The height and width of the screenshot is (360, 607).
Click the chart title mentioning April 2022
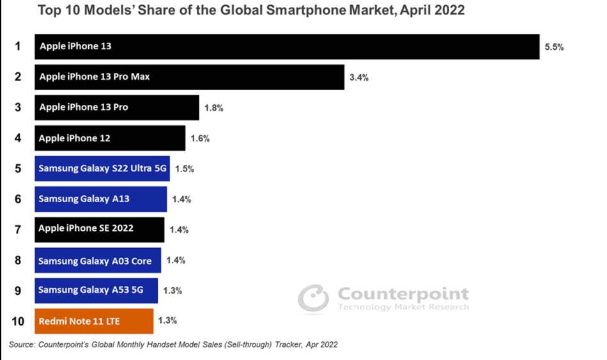pos(251,10)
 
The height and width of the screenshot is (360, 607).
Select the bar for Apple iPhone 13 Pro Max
pos(188,77)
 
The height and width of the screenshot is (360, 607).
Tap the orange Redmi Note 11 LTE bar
pos(93,321)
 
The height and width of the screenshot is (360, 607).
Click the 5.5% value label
pos(554,47)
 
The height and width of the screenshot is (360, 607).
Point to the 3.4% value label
pos(358,77)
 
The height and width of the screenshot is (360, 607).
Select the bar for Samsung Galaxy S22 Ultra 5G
pos(102,169)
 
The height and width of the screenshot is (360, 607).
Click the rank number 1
pos(18,46)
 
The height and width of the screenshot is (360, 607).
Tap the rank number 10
pos(18,321)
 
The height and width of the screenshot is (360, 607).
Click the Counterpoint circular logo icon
pos(313,299)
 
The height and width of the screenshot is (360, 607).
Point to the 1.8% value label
pos(213,108)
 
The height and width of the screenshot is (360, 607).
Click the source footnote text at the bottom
pos(173,345)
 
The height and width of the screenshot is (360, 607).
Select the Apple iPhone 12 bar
pos(109,138)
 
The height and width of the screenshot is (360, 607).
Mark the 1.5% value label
pos(184,169)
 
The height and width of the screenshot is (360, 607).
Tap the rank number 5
pos(18,169)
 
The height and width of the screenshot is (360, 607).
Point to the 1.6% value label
pos(200,139)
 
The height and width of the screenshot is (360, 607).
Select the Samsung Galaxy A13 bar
pos(100,199)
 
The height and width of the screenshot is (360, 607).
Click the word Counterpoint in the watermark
pos(403,294)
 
